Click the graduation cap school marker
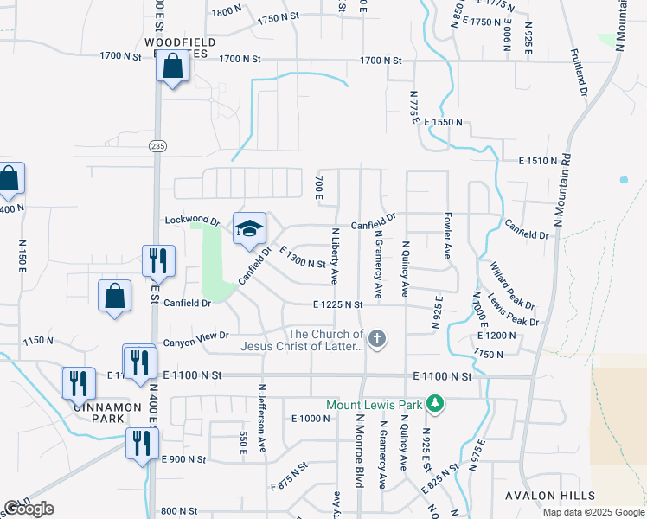click(x=249, y=229)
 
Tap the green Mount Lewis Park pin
click(x=439, y=404)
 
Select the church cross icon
click(x=376, y=340)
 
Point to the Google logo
click(x=29, y=509)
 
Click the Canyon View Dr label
click(x=200, y=335)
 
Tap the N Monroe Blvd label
click(x=358, y=450)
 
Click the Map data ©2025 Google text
click(x=593, y=512)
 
